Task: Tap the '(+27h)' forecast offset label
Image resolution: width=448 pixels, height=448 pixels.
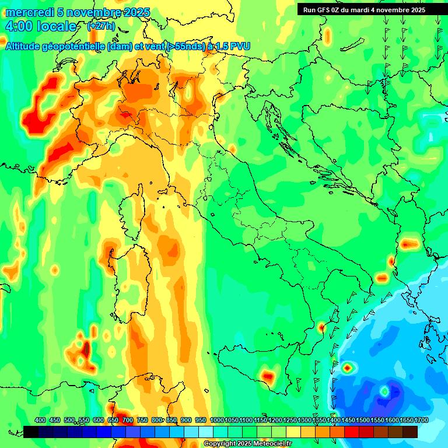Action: click(101, 26)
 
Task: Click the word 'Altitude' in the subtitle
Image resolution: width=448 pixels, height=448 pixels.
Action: click(24, 47)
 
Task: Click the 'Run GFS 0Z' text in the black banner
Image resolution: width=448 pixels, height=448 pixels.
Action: click(323, 9)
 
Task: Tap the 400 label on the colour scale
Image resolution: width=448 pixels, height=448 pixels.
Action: click(40, 420)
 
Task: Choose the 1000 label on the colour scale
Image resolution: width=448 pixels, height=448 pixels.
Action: click(216, 420)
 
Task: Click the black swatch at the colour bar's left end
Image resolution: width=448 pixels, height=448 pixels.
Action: click(31, 432)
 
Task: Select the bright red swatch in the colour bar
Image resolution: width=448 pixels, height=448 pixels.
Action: click(352, 432)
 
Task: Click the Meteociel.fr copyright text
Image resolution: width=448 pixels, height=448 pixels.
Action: click(247, 444)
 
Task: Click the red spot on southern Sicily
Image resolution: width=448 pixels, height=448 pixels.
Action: click(268, 376)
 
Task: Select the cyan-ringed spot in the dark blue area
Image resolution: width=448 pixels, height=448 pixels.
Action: click(384, 390)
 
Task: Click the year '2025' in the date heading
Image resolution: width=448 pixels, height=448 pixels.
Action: click(136, 12)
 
